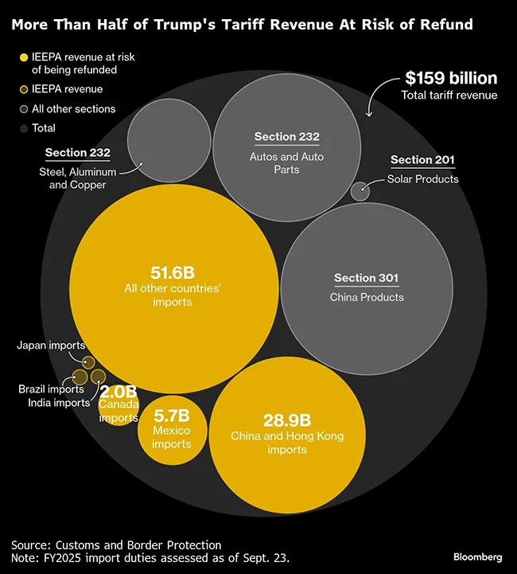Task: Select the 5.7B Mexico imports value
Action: tap(171, 415)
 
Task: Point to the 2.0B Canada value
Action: tap(119, 392)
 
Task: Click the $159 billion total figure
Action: tap(450, 78)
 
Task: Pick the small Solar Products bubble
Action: tap(360, 191)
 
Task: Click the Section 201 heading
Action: tap(422, 161)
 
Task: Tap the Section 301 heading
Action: tap(366, 278)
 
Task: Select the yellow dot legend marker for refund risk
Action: tap(24, 57)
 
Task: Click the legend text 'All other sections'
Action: tap(73, 109)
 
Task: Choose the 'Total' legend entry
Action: tap(44, 127)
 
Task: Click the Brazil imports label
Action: tap(51, 389)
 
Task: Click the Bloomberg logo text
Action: tap(477, 556)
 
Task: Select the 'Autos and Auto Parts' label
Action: tap(286, 163)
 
